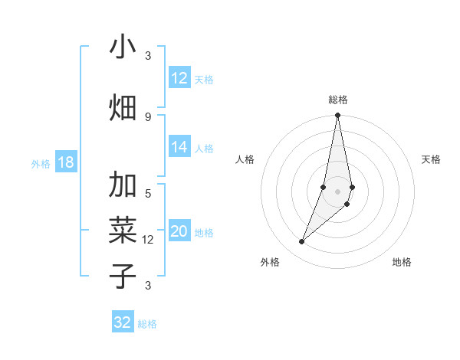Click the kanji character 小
[123, 47]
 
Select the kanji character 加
[123, 186]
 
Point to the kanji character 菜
[123, 231]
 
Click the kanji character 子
[123, 276]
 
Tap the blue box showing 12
[179, 78]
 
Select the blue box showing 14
[179, 148]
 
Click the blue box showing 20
[179, 232]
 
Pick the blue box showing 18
[66, 162]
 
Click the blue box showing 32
[123, 322]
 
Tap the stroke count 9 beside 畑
[148, 116]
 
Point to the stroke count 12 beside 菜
[148, 240]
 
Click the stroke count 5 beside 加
[148, 194]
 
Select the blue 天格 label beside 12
[204, 79]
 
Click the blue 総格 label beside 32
[147, 324]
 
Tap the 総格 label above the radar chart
[338, 100]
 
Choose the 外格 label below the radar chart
[270, 262]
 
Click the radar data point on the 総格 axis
[338, 116]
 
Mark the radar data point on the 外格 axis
[301, 242]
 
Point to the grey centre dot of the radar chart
[338, 191]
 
